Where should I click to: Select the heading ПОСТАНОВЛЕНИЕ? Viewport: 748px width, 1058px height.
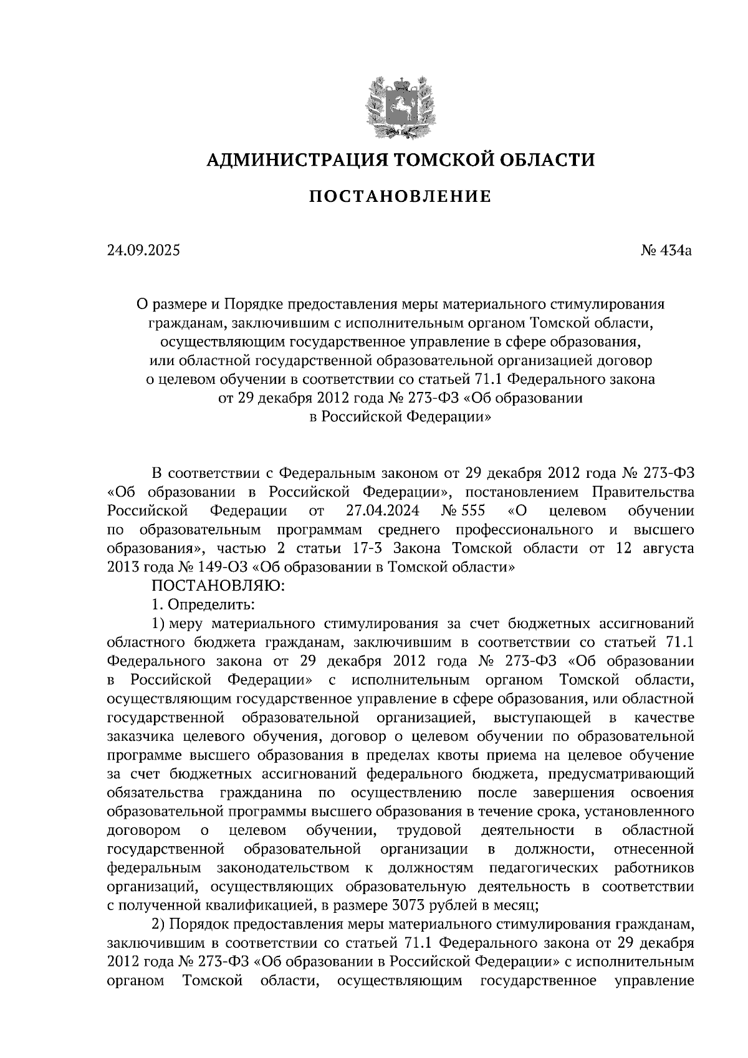(400, 198)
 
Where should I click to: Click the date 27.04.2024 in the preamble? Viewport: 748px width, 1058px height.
(382, 511)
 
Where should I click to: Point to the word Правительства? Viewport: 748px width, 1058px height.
(642, 492)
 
